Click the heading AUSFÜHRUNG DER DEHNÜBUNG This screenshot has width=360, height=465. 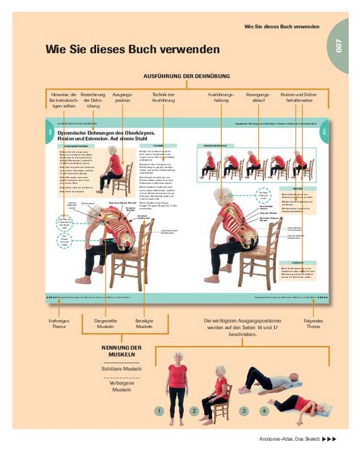coord(186,76)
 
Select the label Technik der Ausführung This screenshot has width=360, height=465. coord(164,98)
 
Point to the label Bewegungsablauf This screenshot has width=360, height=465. coord(259,98)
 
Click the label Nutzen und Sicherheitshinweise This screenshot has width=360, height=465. coord(300,98)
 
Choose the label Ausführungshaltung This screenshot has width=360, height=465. coord(221,98)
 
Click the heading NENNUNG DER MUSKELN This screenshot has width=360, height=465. coord(122,352)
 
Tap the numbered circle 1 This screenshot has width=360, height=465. coord(159,410)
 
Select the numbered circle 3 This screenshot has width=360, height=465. coord(244,410)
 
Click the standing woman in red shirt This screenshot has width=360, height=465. coord(177,387)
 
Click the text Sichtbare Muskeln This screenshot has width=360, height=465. coord(122,369)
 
